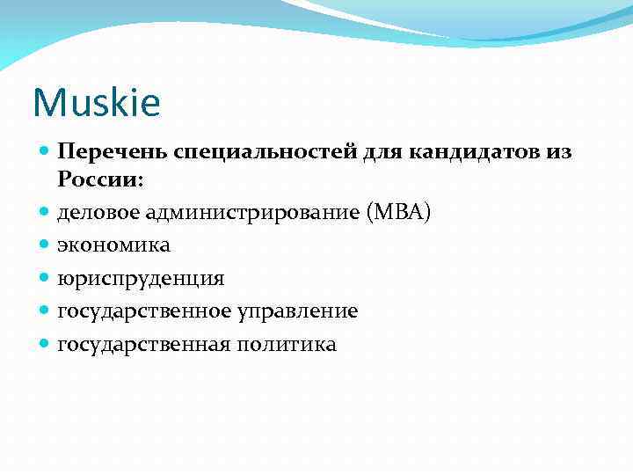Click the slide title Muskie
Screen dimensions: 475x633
tap(97, 104)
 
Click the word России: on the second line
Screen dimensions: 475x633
tap(101, 179)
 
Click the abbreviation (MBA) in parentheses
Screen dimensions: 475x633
tap(401, 212)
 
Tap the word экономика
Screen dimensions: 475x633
tap(114, 245)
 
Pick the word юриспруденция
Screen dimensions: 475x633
tap(141, 279)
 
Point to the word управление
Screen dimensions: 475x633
tap(295, 311)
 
